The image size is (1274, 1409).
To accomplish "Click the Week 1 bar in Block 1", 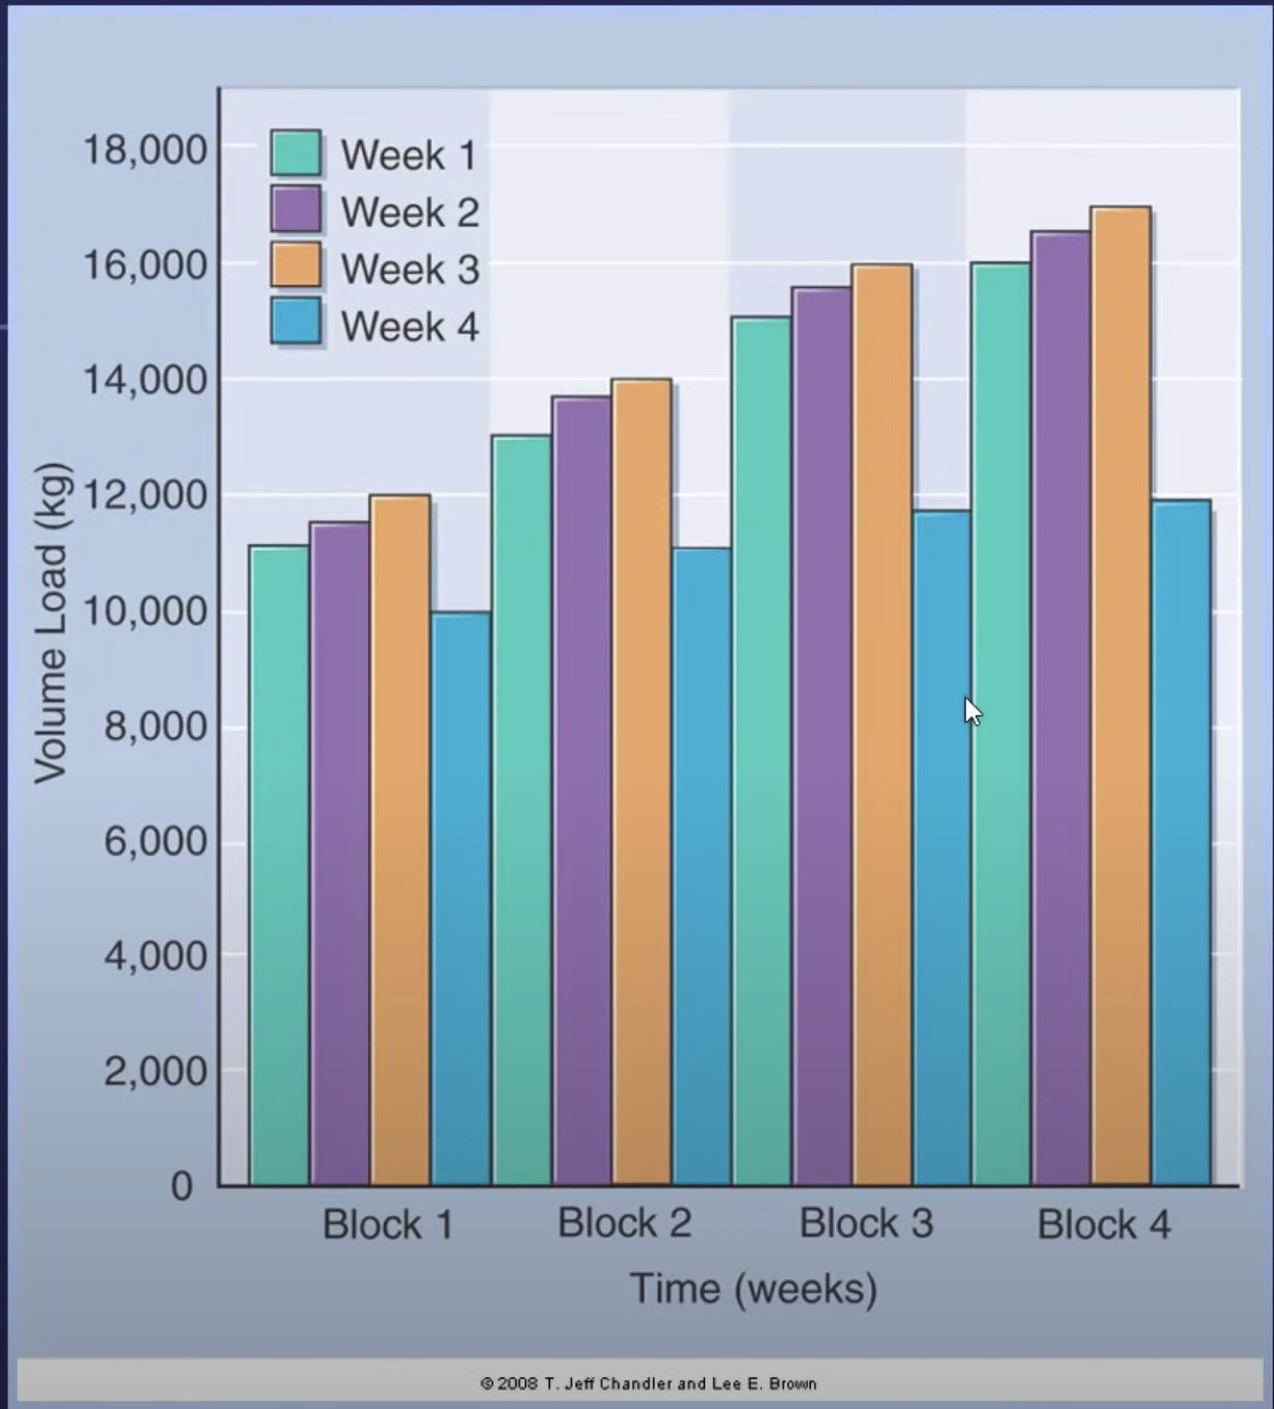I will (x=280, y=864).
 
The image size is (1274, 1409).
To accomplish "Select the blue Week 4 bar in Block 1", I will (x=461, y=898).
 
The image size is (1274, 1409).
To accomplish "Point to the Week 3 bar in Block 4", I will (x=1120, y=694).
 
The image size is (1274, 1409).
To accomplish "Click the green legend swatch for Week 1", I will (x=296, y=152).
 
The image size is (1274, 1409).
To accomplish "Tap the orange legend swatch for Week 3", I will (x=296, y=266).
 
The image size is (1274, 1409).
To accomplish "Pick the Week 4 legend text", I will (x=410, y=327).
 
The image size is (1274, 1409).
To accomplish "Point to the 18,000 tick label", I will (x=145, y=150).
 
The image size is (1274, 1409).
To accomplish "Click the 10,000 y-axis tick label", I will (x=145, y=611).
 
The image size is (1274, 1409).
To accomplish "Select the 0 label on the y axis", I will (x=182, y=1185).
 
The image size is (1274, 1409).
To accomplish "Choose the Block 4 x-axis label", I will (x=1104, y=1224).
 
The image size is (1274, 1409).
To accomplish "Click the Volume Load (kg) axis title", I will (x=51, y=623).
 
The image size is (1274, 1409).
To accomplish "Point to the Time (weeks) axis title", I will (x=753, y=1289).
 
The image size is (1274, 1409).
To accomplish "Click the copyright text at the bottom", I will (x=648, y=1384).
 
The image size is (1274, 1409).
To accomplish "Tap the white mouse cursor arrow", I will (x=972, y=711).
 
